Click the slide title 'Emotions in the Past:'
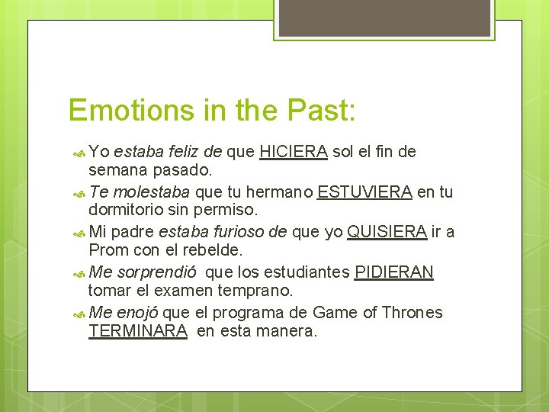point(211,110)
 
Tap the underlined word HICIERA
point(294,151)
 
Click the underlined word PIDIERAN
point(394,272)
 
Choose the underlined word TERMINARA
point(138,331)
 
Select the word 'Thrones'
point(413,313)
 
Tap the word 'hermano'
point(283,192)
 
